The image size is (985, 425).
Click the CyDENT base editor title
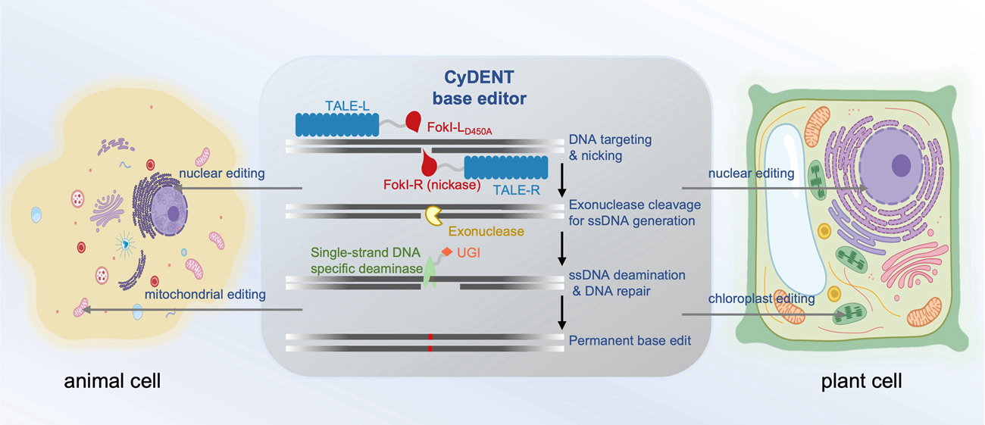click(485, 88)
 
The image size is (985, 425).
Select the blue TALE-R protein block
click(505, 167)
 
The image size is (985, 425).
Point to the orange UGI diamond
click(448, 252)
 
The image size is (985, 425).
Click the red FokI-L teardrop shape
click(414, 121)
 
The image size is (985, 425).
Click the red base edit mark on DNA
click(430, 342)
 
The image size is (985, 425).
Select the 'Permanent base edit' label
click(630, 341)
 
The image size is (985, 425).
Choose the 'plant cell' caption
click(861, 381)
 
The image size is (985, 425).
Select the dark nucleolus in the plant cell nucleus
click(902, 164)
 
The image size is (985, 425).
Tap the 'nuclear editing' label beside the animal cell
click(220, 174)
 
